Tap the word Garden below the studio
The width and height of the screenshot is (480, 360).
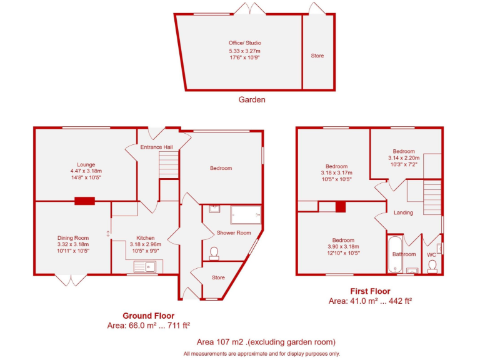252,99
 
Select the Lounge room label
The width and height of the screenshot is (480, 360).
86,164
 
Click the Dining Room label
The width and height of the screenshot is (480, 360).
73,237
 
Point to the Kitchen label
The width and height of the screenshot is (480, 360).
146,237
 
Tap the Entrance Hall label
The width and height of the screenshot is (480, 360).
157,147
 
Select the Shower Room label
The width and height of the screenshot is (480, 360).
234,233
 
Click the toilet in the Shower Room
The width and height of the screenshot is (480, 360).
214,252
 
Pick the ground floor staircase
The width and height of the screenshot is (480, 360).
169,166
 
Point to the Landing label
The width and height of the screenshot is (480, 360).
403,212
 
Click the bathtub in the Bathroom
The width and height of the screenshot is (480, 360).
394,254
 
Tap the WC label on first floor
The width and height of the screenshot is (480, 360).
431,255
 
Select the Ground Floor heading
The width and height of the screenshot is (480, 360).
148,316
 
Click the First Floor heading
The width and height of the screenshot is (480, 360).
369,291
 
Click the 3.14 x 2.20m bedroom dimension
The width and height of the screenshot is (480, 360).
404,158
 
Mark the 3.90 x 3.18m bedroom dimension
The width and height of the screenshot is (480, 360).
343,247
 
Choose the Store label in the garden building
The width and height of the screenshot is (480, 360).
317,56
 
